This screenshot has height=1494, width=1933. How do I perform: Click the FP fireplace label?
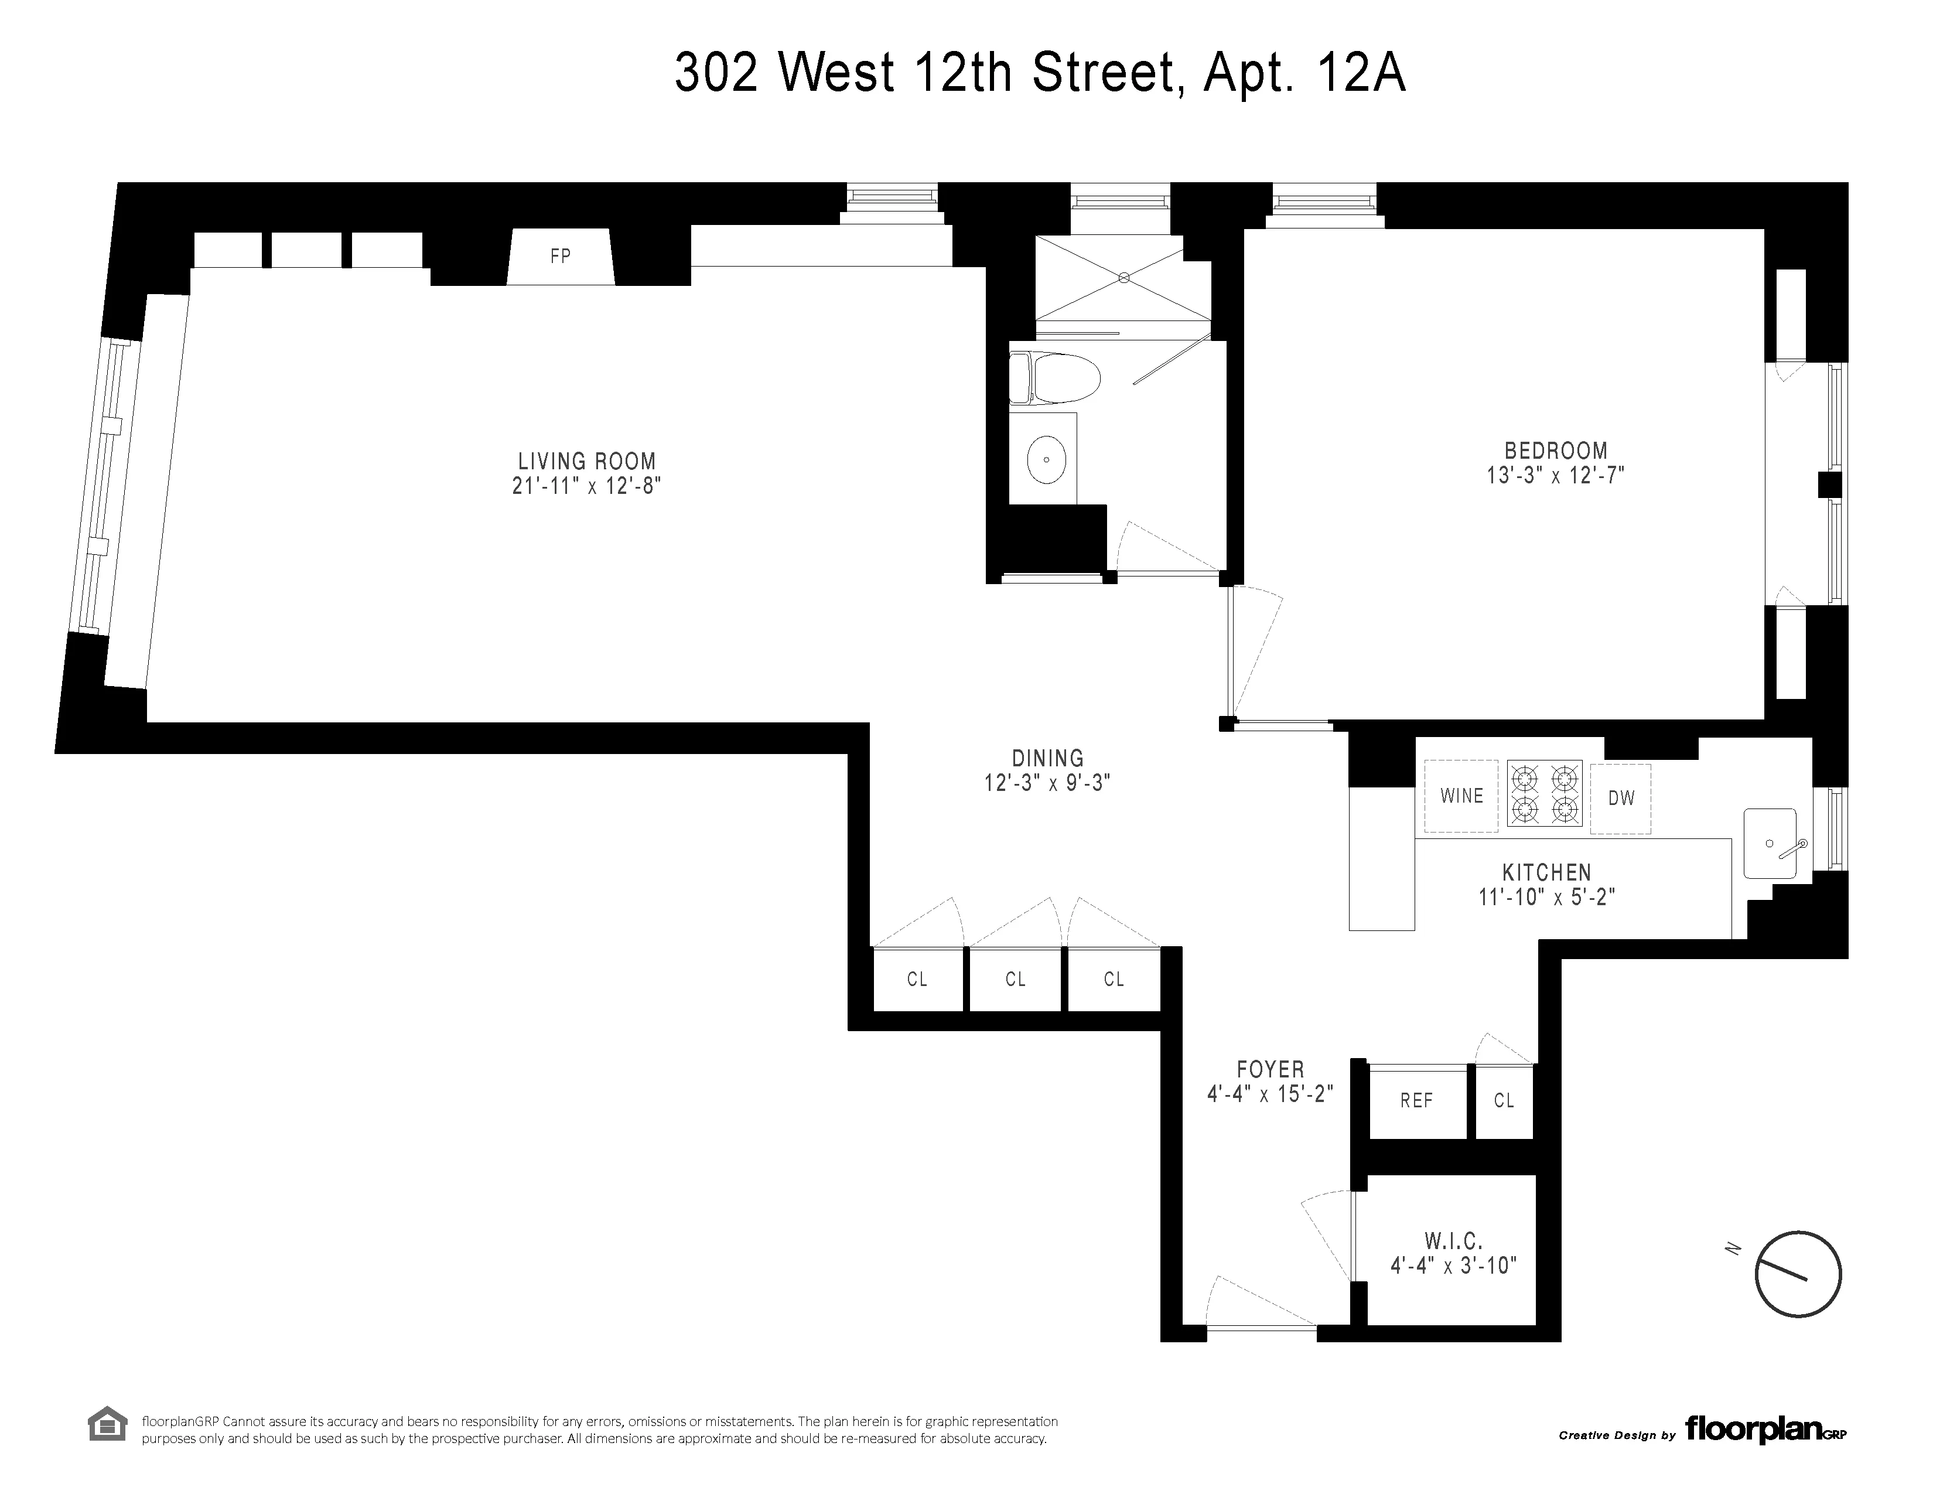pyautogui.click(x=559, y=257)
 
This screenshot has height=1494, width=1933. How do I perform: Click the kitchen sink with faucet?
pyautogui.click(x=1770, y=844)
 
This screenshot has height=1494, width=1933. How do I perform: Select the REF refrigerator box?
pyautogui.click(x=1416, y=1101)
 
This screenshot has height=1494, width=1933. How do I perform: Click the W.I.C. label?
pyautogui.click(x=1453, y=1241)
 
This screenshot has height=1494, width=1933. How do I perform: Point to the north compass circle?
pyautogui.click(x=1798, y=1274)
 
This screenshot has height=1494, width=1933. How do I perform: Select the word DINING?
pyautogui.click(x=1047, y=759)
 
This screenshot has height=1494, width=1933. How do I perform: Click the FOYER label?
pyautogui.click(x=1270, y=1070)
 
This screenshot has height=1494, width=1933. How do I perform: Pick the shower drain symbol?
pyautogui.click(x=1124, y=278)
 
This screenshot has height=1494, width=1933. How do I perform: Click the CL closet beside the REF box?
pyautogui.click(x=1504, y=1101)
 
